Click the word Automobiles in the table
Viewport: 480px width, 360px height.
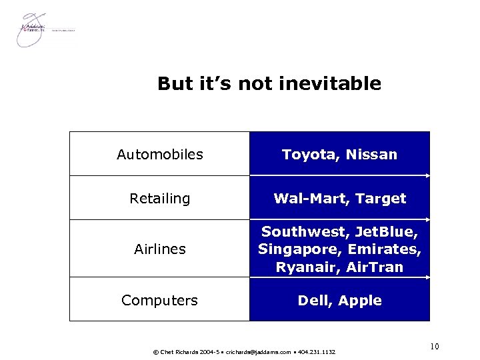pyautogui.click(x=160, y=155)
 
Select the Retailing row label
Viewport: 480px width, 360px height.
pyautogui.click(x=160, y=199)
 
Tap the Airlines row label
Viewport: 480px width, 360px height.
pyautogui.click(x=160, y=249)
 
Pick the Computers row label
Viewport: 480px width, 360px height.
pyautogui.click(x=160, y=301)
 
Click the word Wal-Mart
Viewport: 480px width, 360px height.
pyautogui.click(x=311, y=199)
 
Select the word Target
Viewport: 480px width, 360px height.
pyautogui.click(x=381, y=199)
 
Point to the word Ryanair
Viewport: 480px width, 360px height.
pyautogui.click(x=303, y=267)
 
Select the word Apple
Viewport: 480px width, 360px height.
pyautogui.click(x=360, y=301)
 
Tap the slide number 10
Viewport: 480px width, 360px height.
pyautogui.click(x=435, y=346)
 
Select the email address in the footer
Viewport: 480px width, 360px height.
pyautogui.click(x=258, y=351)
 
